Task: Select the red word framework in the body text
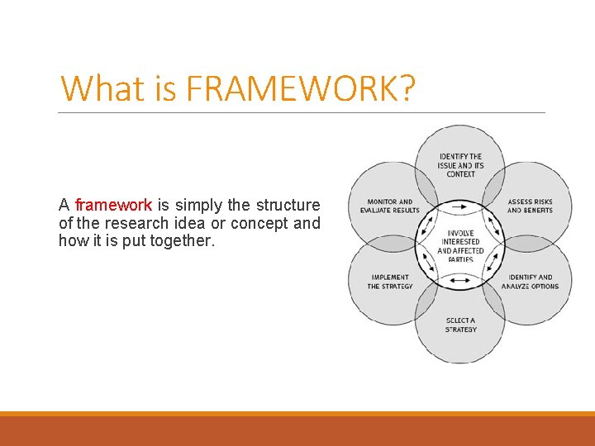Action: [113, 205]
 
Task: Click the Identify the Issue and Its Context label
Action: [460, 165]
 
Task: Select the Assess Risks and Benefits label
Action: [530, 206]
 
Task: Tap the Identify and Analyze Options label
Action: [530, 282]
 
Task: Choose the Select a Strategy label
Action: [460, 325]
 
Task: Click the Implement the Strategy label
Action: [390, 282]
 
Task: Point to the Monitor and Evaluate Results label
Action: [390, 206]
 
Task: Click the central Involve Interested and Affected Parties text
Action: [460, 246]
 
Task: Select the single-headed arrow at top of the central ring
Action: [460, 206]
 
